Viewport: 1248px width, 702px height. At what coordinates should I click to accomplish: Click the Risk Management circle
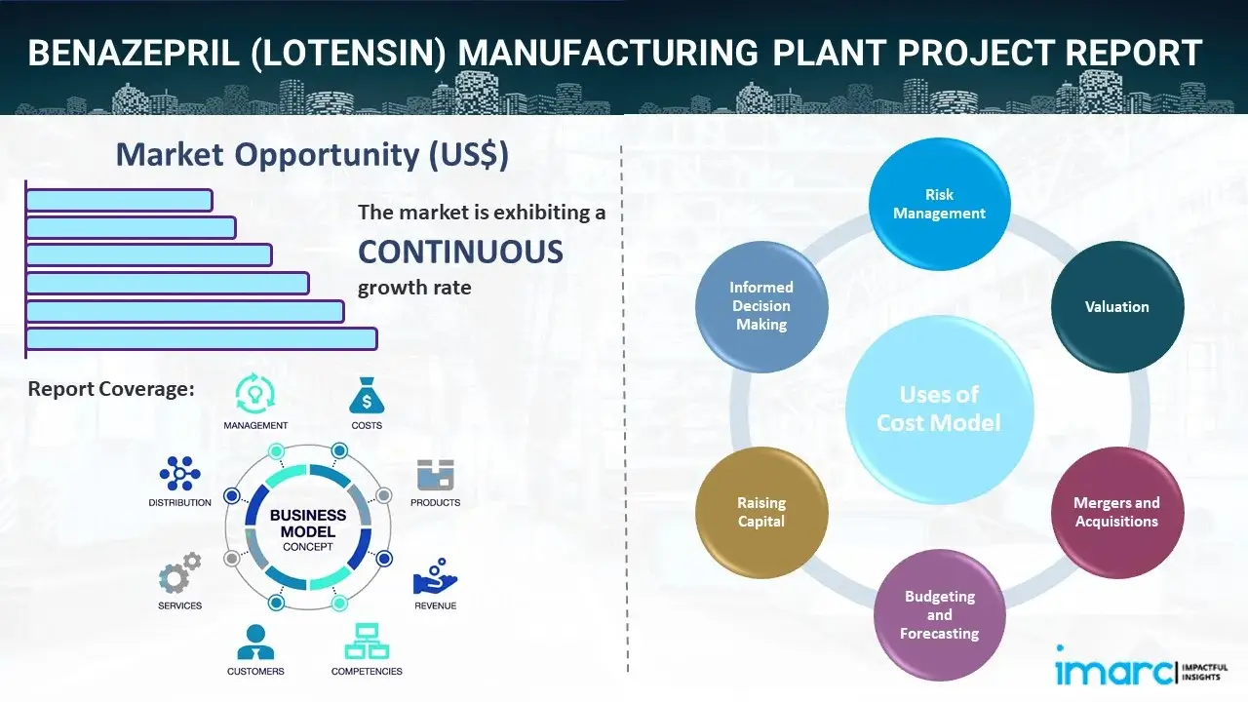click(939, 204)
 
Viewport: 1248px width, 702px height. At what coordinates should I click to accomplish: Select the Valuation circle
click(1117, 307)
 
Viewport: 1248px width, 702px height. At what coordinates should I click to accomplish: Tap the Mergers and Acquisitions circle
click(1117, 512)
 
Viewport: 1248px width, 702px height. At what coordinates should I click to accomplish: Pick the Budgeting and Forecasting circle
click(939, 614)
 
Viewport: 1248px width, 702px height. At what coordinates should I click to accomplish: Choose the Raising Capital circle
click(761, 512)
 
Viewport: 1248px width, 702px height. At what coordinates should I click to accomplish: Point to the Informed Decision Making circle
click(761, 306)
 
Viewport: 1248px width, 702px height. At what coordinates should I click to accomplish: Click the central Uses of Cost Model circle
click(939, 409)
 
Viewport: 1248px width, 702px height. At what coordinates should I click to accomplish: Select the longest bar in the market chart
click(201, 338)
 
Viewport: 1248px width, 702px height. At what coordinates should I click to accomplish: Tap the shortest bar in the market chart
click(119, 200)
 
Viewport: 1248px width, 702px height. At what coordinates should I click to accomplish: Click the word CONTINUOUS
click(460, 253)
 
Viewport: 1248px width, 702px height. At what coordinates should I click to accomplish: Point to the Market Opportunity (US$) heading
click(312, 155)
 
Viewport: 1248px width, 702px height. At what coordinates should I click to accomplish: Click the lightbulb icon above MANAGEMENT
click(255, 393)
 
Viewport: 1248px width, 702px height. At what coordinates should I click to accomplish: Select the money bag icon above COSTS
click(366, 395)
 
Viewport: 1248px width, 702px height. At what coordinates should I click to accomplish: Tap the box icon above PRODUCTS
click(435, 475)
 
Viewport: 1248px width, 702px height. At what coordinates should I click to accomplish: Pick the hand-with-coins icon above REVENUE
click(435, 577)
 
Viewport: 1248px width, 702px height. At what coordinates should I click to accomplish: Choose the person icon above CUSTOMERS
click(255, 643)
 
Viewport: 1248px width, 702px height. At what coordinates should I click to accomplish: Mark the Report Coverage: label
click(111, 389)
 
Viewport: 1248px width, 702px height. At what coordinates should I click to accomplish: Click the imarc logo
click(1114, 671)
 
